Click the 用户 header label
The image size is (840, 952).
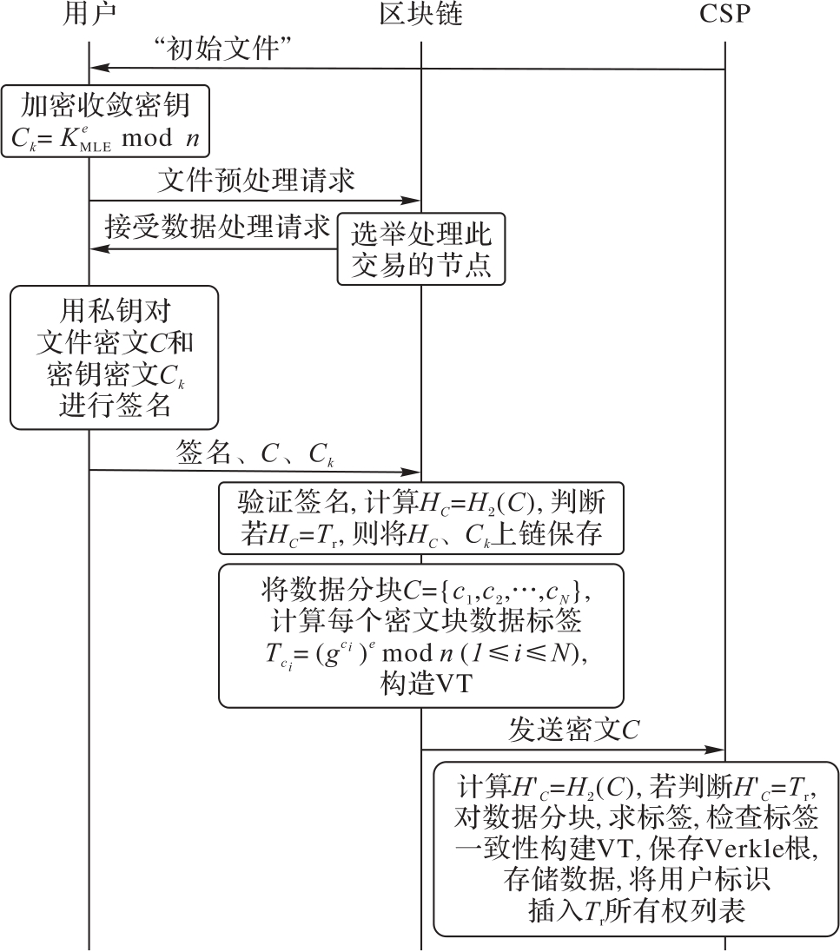click(x=89, y=17)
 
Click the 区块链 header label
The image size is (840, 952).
click(x=420, y=17)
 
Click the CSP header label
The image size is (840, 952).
click(x=724, y=17)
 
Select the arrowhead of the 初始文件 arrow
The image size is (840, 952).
click(x=97, y=68)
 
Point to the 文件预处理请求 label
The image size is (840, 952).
click(x=256, y=181)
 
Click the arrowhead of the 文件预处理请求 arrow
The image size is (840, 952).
click(x=413, y=201)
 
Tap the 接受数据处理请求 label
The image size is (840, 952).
click(x=217, y=228)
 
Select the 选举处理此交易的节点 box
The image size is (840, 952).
click(x=421, y=248)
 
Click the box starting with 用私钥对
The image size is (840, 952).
click(x=115, y=357)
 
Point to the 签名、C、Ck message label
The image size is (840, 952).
click(x=256, y=453)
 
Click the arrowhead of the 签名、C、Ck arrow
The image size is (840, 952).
click(x=413, y=473)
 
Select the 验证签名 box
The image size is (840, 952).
click(x=421, y=518)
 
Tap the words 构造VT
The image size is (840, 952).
click(x=421, y=684)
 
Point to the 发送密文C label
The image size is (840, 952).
click(x=573, y=731)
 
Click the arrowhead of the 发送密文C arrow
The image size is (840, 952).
click(x=718, y=750)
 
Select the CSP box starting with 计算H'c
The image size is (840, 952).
click(x=636, y=849)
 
